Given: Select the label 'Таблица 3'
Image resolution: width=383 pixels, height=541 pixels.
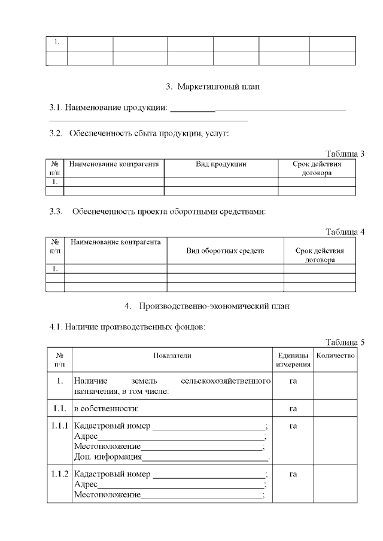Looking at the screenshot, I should [345, 154].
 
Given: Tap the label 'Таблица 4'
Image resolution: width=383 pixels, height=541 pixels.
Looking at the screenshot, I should [345, 232].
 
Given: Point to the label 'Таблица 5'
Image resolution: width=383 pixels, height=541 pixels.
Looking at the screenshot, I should [345, 342].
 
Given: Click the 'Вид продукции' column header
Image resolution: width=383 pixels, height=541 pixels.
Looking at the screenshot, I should [221, 164].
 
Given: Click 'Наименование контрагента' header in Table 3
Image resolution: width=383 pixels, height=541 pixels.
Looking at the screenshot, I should [114, 164].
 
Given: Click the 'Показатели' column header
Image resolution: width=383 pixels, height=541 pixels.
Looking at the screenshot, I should [172, 355].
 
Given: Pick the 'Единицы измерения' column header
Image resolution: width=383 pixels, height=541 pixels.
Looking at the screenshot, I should [293, 359].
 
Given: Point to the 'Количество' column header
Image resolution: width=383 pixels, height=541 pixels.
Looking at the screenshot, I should [335, 355].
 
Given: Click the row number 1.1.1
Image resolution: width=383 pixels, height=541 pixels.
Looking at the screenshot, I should [59, 426].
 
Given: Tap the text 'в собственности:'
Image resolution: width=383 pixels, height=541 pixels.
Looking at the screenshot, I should [107, 409].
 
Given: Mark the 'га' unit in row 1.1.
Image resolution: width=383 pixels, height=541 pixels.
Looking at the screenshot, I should [293, 409].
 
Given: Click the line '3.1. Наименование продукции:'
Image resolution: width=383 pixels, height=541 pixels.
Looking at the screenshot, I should [108, 108].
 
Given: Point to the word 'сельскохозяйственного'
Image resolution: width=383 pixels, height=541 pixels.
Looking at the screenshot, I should [225, 381].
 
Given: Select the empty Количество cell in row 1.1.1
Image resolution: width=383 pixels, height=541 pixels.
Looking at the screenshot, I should [335, 441].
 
